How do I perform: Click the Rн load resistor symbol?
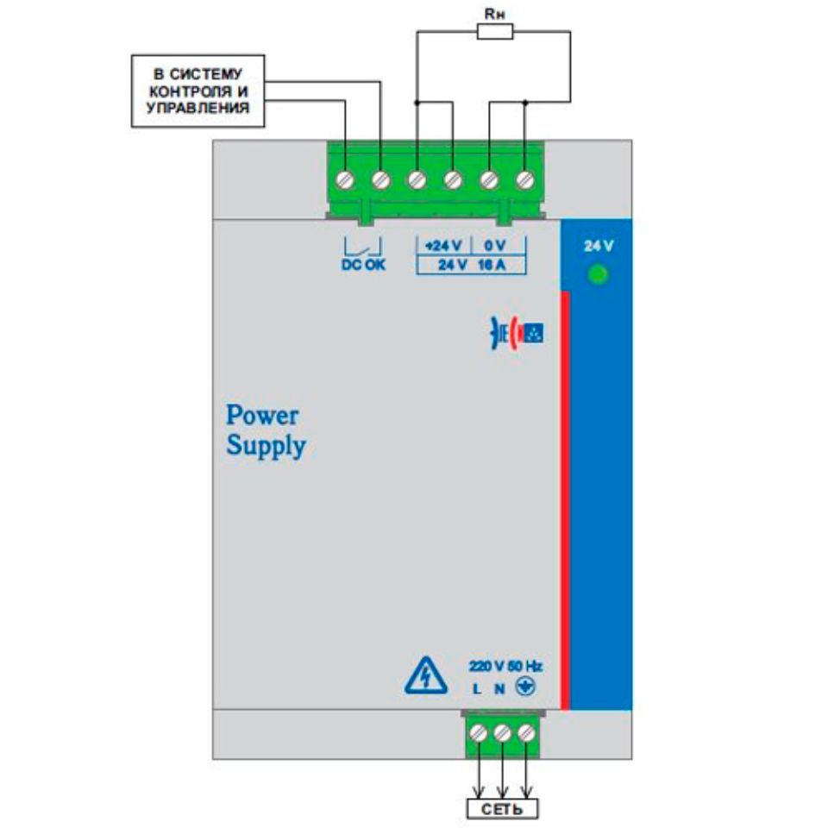(495, 33)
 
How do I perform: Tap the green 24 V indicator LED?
(596, 276)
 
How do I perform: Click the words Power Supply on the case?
(265, 430)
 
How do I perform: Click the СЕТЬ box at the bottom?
(501, 808)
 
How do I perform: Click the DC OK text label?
(363, 265)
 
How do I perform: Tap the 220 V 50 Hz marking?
(505, 666)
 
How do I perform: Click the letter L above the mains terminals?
(477, 689)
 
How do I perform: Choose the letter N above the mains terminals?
(499, 689)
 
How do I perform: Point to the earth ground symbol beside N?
(524, 687)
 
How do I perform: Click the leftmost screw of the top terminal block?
(345, 179)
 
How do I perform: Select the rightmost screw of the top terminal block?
(525, 179)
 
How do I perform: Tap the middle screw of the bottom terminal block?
(503, 733)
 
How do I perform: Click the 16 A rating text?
(489, 265)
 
